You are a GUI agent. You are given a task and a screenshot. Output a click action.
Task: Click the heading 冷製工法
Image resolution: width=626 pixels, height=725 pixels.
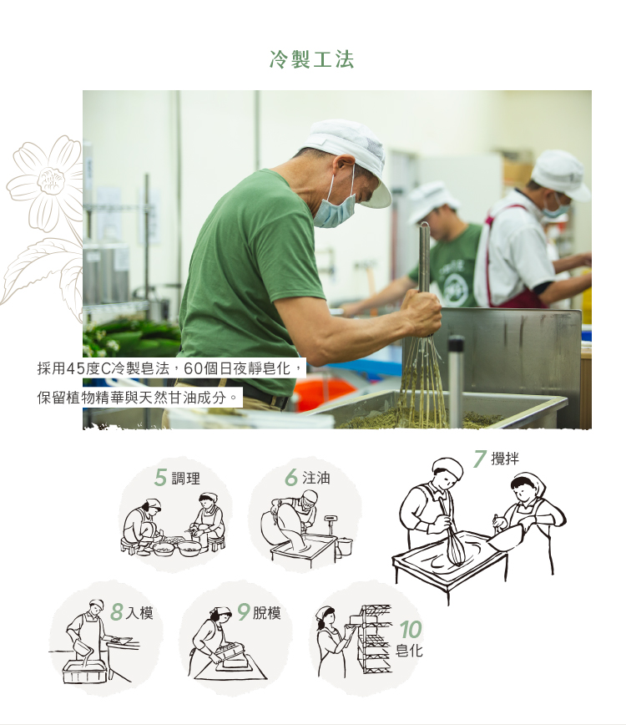[312, 59]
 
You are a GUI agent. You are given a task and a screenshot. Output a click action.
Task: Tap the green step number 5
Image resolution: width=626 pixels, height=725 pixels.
[160, 478]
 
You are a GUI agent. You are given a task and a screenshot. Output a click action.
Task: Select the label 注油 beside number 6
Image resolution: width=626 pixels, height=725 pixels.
[316, 478]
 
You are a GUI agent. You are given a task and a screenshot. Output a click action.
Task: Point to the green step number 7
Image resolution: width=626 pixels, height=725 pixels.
[480, 459]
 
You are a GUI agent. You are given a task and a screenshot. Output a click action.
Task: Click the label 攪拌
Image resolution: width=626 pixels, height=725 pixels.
[504, 459]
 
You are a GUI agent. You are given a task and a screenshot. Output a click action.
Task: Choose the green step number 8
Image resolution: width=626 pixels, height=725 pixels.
[117, 612]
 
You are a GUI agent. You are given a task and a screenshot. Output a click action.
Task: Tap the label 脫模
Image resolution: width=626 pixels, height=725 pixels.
[266, 613]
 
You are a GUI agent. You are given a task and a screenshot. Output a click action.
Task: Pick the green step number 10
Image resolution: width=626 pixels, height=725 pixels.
[411, 630]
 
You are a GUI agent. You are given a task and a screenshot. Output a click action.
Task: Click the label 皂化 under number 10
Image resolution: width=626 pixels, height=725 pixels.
[409, 651]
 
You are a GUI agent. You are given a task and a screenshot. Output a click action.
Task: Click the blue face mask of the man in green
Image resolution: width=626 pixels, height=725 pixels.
[335, 209]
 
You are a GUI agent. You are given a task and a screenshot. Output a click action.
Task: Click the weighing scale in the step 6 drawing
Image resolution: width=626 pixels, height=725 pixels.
[331, 524]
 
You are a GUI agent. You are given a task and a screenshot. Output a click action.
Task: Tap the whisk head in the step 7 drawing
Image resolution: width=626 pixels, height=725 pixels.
[454, 551]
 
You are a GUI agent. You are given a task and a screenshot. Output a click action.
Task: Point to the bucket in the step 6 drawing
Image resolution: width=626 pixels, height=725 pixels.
[344, 545]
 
